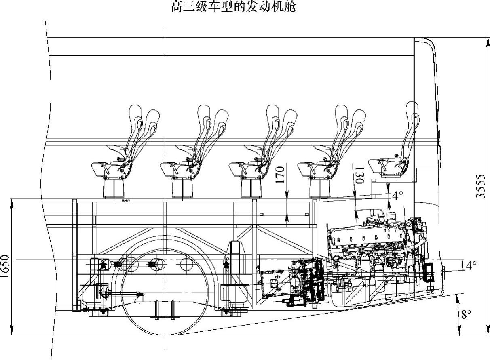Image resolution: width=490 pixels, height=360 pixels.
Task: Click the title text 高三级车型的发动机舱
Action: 234,7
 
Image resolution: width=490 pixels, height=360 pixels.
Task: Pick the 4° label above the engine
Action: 397,196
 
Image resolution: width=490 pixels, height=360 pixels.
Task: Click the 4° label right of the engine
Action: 471,265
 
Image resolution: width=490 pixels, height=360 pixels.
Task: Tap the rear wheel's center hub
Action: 165,265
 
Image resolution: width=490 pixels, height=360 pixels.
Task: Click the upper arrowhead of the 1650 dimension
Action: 12,202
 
